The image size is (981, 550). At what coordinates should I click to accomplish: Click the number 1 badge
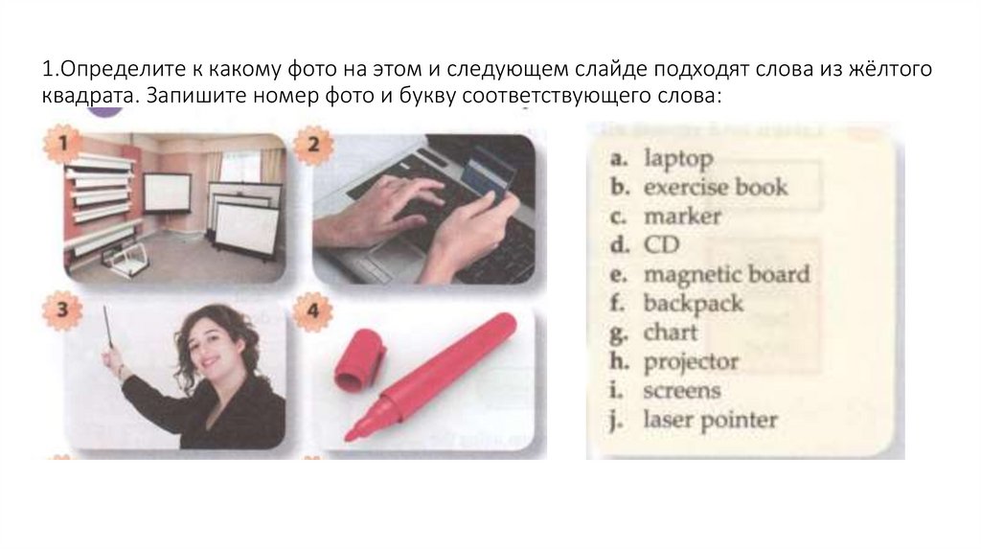(x=62, y=145)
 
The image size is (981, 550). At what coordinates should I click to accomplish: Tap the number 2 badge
(x=313, y=145)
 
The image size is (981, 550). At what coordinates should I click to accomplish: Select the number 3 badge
(x=62, y=309)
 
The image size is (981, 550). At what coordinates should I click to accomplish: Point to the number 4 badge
(x=313, y=311)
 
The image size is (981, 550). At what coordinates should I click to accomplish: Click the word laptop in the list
(x=678, y=159)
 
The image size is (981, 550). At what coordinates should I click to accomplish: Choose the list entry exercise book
(x=715, y=187)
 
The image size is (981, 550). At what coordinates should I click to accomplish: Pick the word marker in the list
(x=682, y=217)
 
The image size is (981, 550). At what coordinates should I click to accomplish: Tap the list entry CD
(x=661, y=244)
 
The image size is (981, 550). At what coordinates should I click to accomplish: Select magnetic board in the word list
(x=726, y=275)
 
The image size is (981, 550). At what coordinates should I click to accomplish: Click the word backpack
(x=694, y=304)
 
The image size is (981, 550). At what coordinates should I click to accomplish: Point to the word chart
(x=670, y=332)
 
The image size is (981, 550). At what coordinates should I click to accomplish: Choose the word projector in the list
(x=692, y=362)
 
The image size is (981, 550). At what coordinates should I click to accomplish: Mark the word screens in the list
(x=682, y=391)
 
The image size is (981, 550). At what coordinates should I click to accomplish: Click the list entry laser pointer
(x=710, y=420)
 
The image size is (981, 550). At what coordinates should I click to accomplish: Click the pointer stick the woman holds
(x=107, y=326)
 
